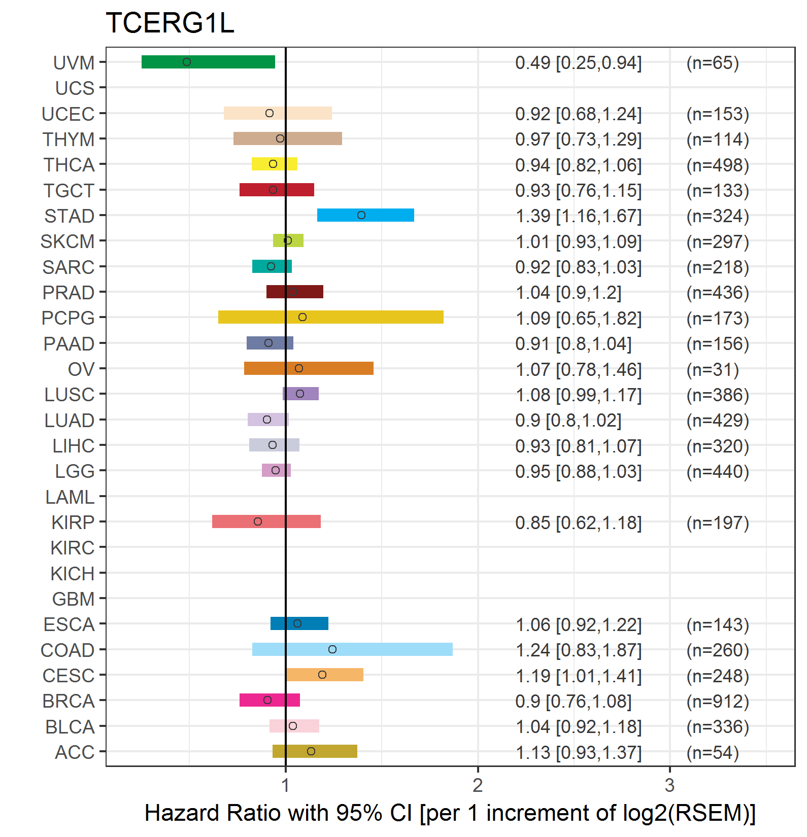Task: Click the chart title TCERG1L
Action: coord(170,23)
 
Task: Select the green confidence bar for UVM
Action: coord(208,62)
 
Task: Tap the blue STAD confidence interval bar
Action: coord(365,215)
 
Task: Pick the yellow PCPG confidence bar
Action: coord(331,317)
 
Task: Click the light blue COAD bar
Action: coord(352,649)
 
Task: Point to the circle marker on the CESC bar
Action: coord(322,675)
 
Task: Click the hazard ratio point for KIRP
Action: coord(258,521)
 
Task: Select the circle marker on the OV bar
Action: coord(299,368)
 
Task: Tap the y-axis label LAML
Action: coord(70,497)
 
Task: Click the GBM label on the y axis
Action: coord(73,599)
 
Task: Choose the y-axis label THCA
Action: coord(69,165)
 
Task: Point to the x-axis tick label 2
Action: coord(478,785)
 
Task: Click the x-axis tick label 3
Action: coord(669,785)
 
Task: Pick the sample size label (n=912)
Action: coord(718,701)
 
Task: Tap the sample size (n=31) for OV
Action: coord(713,369)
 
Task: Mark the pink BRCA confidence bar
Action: coord(270,700)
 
